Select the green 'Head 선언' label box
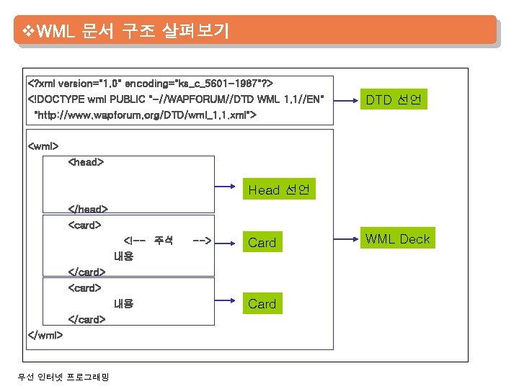pyautogui.click(x=279, y=190)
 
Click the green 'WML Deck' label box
pyautogui.click(x=397, y=239)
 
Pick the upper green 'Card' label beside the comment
pyautogui.click(x=262, y=243)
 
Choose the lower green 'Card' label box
pyautogui.click(x=262, y=303)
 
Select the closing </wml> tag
pyautogui.click(x=45, y=334)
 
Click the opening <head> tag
pyautogui.click(x=86, y=162)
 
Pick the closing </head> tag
pyautogui.click(x=88, y=209)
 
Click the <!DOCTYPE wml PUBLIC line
pyautogui.click(x=176, y=98)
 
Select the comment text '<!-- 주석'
pyautogui.click(x=148, y=240)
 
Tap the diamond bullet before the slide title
pyautogui.click(x=29, y=32)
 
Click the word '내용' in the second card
pyautogui.click(x=123, y=303)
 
